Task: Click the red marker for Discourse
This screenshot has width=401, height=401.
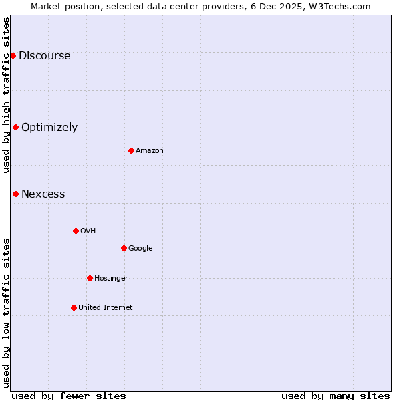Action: [x=13, y=55]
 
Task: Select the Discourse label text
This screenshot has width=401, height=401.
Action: [x=44, y=56]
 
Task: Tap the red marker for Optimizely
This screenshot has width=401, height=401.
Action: [x=15, y=127]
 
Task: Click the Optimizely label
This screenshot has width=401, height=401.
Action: [x=49, y=128]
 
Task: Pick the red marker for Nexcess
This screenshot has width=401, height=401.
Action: [x=15, y=194]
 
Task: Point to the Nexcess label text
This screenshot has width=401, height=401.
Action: [x=43, y=194]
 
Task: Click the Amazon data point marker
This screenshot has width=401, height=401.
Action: [x=131, y=150]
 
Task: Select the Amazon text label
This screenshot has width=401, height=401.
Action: [x=149, y=151]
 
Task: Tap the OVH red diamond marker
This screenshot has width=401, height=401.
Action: [x=76, y=231]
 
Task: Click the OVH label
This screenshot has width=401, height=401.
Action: [x=88, y=231]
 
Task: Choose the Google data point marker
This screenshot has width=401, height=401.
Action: [x=124, y=248]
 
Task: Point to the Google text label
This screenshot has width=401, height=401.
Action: [x=140, y=249]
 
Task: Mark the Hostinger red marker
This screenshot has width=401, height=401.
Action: [x=90, y=278]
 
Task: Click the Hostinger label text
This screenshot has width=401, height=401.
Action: [x=111, y=279]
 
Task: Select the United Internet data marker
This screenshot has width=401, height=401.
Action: [x=74, y=307]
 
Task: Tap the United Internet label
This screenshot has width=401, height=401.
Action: [x=105, y=308]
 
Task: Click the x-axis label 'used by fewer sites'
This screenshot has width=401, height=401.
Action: [x=69, y=396]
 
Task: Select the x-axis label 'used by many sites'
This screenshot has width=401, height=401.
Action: [x=336, y=396]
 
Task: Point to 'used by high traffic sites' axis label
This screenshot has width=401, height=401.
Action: [x=6, y=95]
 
